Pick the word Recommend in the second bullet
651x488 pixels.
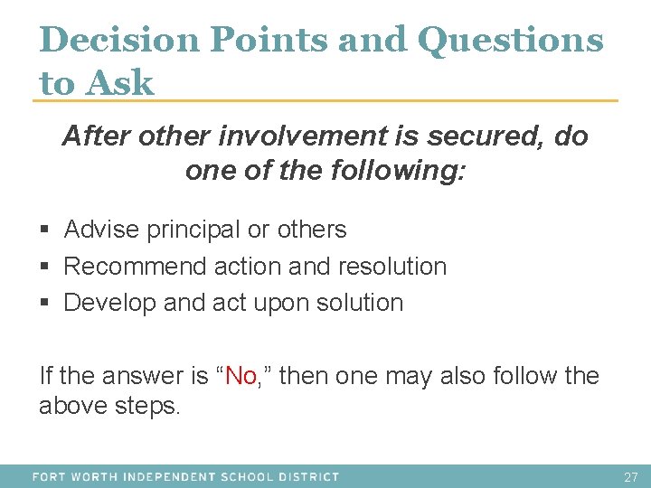click(136, 267)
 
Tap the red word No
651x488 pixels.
click(241, 375)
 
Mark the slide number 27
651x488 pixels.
click(630, 476)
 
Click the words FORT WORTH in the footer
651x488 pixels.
click(76, 476)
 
